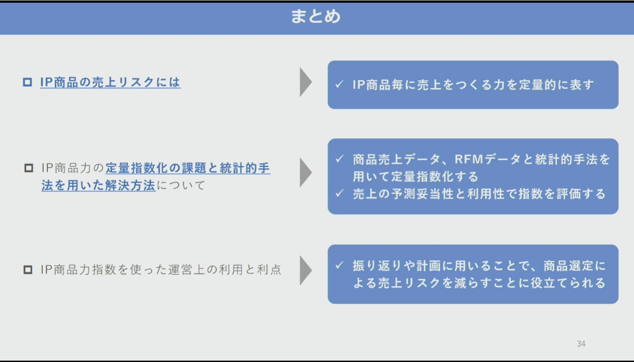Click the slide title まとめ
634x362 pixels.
pyautogui.click(x=316, y=16)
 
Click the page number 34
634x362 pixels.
pyautogui.click(x=581, y=344)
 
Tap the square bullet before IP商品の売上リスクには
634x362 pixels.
pyautogui.click(x=27, y=82)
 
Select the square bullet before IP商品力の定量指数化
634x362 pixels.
pyautogui.click(x=29, y=168)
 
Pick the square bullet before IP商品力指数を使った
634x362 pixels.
pyautogui.click(x=28, y=269)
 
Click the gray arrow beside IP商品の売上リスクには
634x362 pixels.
pyautogui.click(x=305, y=82)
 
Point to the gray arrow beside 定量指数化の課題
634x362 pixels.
pyautogui.click(x=305, y=172)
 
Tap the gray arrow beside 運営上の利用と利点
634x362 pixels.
pyautogui.click(x=305, y=270)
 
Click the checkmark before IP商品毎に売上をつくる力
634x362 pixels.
pyautogui.click(x=339, y=84)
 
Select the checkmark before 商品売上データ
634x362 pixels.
pyautogui.click(x=339, y=159)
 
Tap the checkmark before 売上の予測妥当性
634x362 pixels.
pyautogui.click(x=339, y=193)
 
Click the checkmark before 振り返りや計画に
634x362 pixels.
pyautogui.click(x=339, y=265)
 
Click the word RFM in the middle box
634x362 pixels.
pyautogui.click(x=469, y=159)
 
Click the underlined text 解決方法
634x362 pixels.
pyautogui.click(x=130, y=186)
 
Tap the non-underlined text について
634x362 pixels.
pyautogui.click(x=181, y=186)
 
